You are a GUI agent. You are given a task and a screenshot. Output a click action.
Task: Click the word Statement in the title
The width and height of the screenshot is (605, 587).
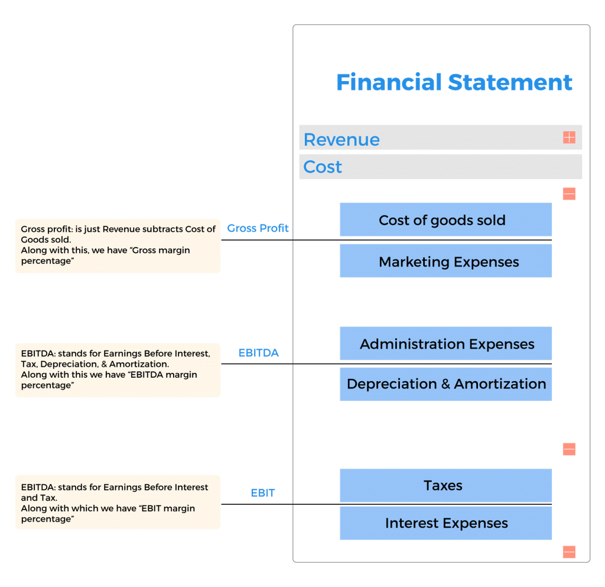(510, 82)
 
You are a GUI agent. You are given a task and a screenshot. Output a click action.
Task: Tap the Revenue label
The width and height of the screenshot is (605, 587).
(341, 139)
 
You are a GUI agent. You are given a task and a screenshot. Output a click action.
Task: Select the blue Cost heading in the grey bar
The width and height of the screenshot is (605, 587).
(322, 167)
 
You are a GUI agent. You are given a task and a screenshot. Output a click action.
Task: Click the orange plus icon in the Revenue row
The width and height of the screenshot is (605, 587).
(569, 137)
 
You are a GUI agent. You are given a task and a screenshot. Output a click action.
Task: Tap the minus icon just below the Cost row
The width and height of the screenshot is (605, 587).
(569, 194)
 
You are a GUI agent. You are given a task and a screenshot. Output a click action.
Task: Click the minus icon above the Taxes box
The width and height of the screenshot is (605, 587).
(569, 449)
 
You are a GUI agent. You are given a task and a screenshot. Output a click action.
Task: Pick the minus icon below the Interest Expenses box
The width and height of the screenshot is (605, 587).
(569, 552)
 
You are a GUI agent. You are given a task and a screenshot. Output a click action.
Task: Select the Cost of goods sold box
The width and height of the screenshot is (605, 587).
(446, 220)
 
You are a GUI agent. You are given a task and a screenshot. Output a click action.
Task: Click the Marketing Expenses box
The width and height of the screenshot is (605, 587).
(446, 261)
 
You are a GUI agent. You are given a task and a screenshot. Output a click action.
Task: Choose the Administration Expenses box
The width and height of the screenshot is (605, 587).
(446, 344)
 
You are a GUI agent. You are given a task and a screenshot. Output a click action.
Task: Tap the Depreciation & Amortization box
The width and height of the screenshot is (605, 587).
(446, 384)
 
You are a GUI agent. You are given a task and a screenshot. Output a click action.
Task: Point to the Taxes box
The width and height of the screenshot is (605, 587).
(446, 485)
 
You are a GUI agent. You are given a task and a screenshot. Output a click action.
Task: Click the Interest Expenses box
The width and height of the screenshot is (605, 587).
(446, 523)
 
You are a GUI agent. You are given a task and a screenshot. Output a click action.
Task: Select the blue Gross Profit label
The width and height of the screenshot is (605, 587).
(258, 228)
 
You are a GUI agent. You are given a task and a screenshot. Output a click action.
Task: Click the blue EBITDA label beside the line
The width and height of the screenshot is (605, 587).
(258, 353)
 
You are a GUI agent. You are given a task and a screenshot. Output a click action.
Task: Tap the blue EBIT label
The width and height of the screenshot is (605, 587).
(263, 493)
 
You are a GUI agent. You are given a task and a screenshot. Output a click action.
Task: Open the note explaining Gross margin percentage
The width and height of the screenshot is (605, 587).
(118, 246)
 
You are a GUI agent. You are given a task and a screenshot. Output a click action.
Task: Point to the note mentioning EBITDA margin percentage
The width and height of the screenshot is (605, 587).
(118, 370)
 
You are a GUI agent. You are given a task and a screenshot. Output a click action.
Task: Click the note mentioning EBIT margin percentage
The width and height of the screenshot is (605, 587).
(118, 502)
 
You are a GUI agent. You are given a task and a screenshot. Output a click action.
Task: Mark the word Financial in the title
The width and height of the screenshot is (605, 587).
(389, 82)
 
